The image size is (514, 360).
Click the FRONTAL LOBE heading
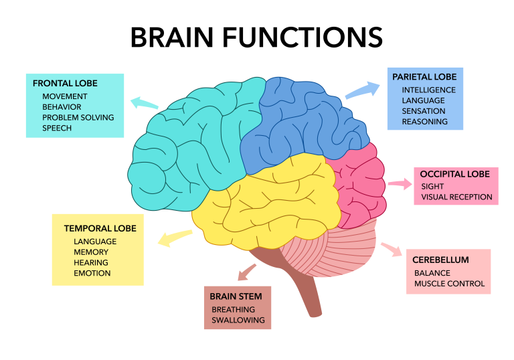click(65, 84)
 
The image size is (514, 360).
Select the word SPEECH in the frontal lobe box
click(57, 128)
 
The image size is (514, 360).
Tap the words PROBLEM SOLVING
click(78, 117)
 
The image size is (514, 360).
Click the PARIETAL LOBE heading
click(424, 77)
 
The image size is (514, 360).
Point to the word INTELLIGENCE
click(428, 90)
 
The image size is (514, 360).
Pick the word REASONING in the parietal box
click(424, 122)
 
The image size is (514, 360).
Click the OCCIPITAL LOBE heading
click(455, 174)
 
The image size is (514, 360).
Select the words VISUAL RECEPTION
click(456, 197)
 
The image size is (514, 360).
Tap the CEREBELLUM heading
click(440, 260)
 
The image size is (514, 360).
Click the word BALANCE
click(432, 273)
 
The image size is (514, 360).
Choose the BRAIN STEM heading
click(236, 296)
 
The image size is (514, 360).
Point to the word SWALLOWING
click(238, 321)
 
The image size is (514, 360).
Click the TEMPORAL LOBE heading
click(100, 228)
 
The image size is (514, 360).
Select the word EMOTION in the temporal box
click(92, 273)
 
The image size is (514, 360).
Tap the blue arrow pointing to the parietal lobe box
click(362, 90)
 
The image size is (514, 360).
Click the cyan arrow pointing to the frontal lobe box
click(144, 103)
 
